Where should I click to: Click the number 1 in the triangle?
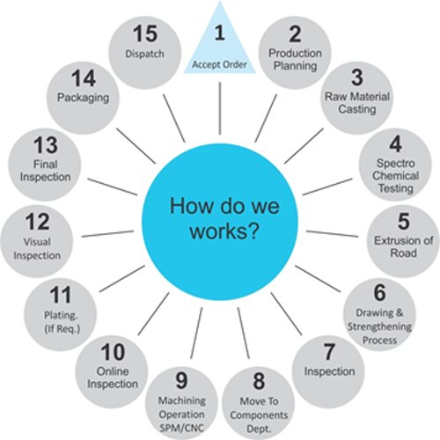[x=220, y=33]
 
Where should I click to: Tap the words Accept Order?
[x=219, y=64]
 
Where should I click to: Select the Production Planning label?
[x=295, y=59]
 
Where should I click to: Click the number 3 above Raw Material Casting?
[x=357, y=77]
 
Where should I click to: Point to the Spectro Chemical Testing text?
[x=395, y=176]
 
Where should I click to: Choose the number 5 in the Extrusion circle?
[x=404, y=221]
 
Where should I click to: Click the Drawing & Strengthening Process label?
[x=379, y=326]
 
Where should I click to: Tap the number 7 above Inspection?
[x=329, y=352]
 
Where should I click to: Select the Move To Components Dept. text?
[x=259, y=414]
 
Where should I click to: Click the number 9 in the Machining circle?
[x=181, y=380]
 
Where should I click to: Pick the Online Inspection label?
[x=113, y=378]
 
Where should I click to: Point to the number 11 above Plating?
[x=61, y=295]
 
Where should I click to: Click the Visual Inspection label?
[x=37, y=248]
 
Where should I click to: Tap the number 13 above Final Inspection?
[x=46, y=145]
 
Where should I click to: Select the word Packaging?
[x=83, y=98]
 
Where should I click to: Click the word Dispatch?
[x=144, y=54]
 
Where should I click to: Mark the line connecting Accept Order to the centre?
[x=220, y=108]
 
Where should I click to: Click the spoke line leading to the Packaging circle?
[x=136, y=146]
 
